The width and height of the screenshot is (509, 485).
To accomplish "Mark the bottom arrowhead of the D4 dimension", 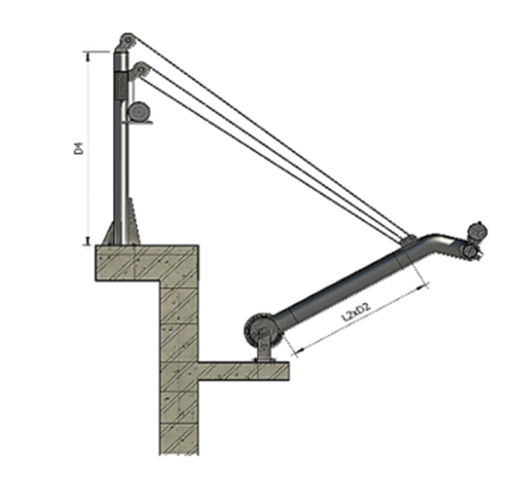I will [x=90, y=238].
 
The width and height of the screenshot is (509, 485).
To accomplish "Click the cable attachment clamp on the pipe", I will [x=406, y=243].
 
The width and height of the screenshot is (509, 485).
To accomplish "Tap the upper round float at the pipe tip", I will [x=480, y=229].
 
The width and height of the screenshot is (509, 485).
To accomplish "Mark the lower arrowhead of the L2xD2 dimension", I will [x=297, y=352].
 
